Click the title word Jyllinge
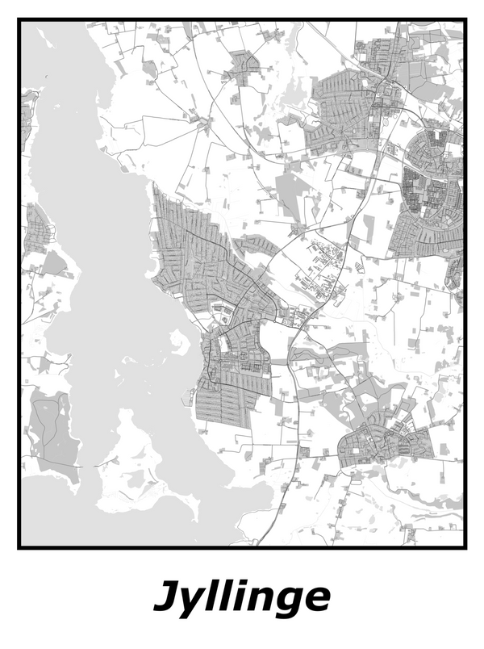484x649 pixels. coord(241,597)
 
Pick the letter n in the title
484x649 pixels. coord(261,599)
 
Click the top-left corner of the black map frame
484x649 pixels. coord(19,20)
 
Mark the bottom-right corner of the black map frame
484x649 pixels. coord(465,547)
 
